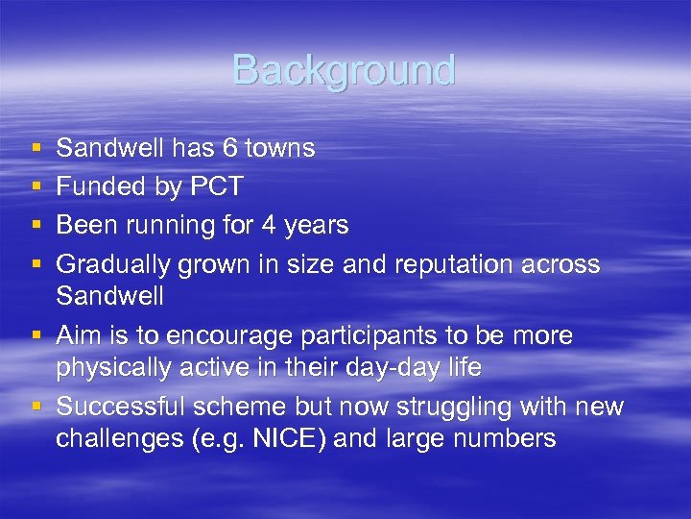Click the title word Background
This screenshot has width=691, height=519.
(344, 70)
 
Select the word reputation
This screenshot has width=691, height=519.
(462, 264)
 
